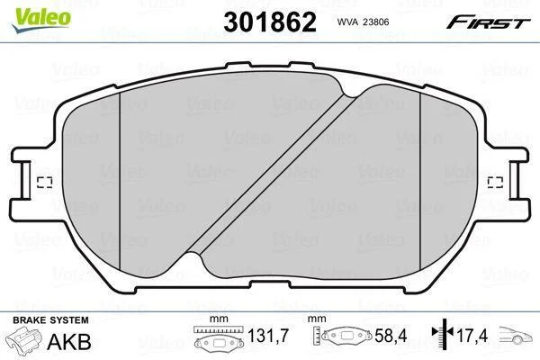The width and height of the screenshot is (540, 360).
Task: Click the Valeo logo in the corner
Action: point(41,20)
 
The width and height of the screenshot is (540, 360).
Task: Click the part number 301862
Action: point(270,22)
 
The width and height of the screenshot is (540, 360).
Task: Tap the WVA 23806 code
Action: point(363,22)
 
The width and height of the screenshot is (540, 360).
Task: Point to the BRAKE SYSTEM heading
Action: point(50,320)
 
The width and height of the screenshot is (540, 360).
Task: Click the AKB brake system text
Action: point(69,341)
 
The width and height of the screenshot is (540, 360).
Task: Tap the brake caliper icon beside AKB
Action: point(24,339)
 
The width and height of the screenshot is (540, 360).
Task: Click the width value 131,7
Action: point(268,336)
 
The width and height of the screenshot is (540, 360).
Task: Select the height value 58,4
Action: point(391,336)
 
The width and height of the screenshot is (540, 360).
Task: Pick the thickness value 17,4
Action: point(472,336)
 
